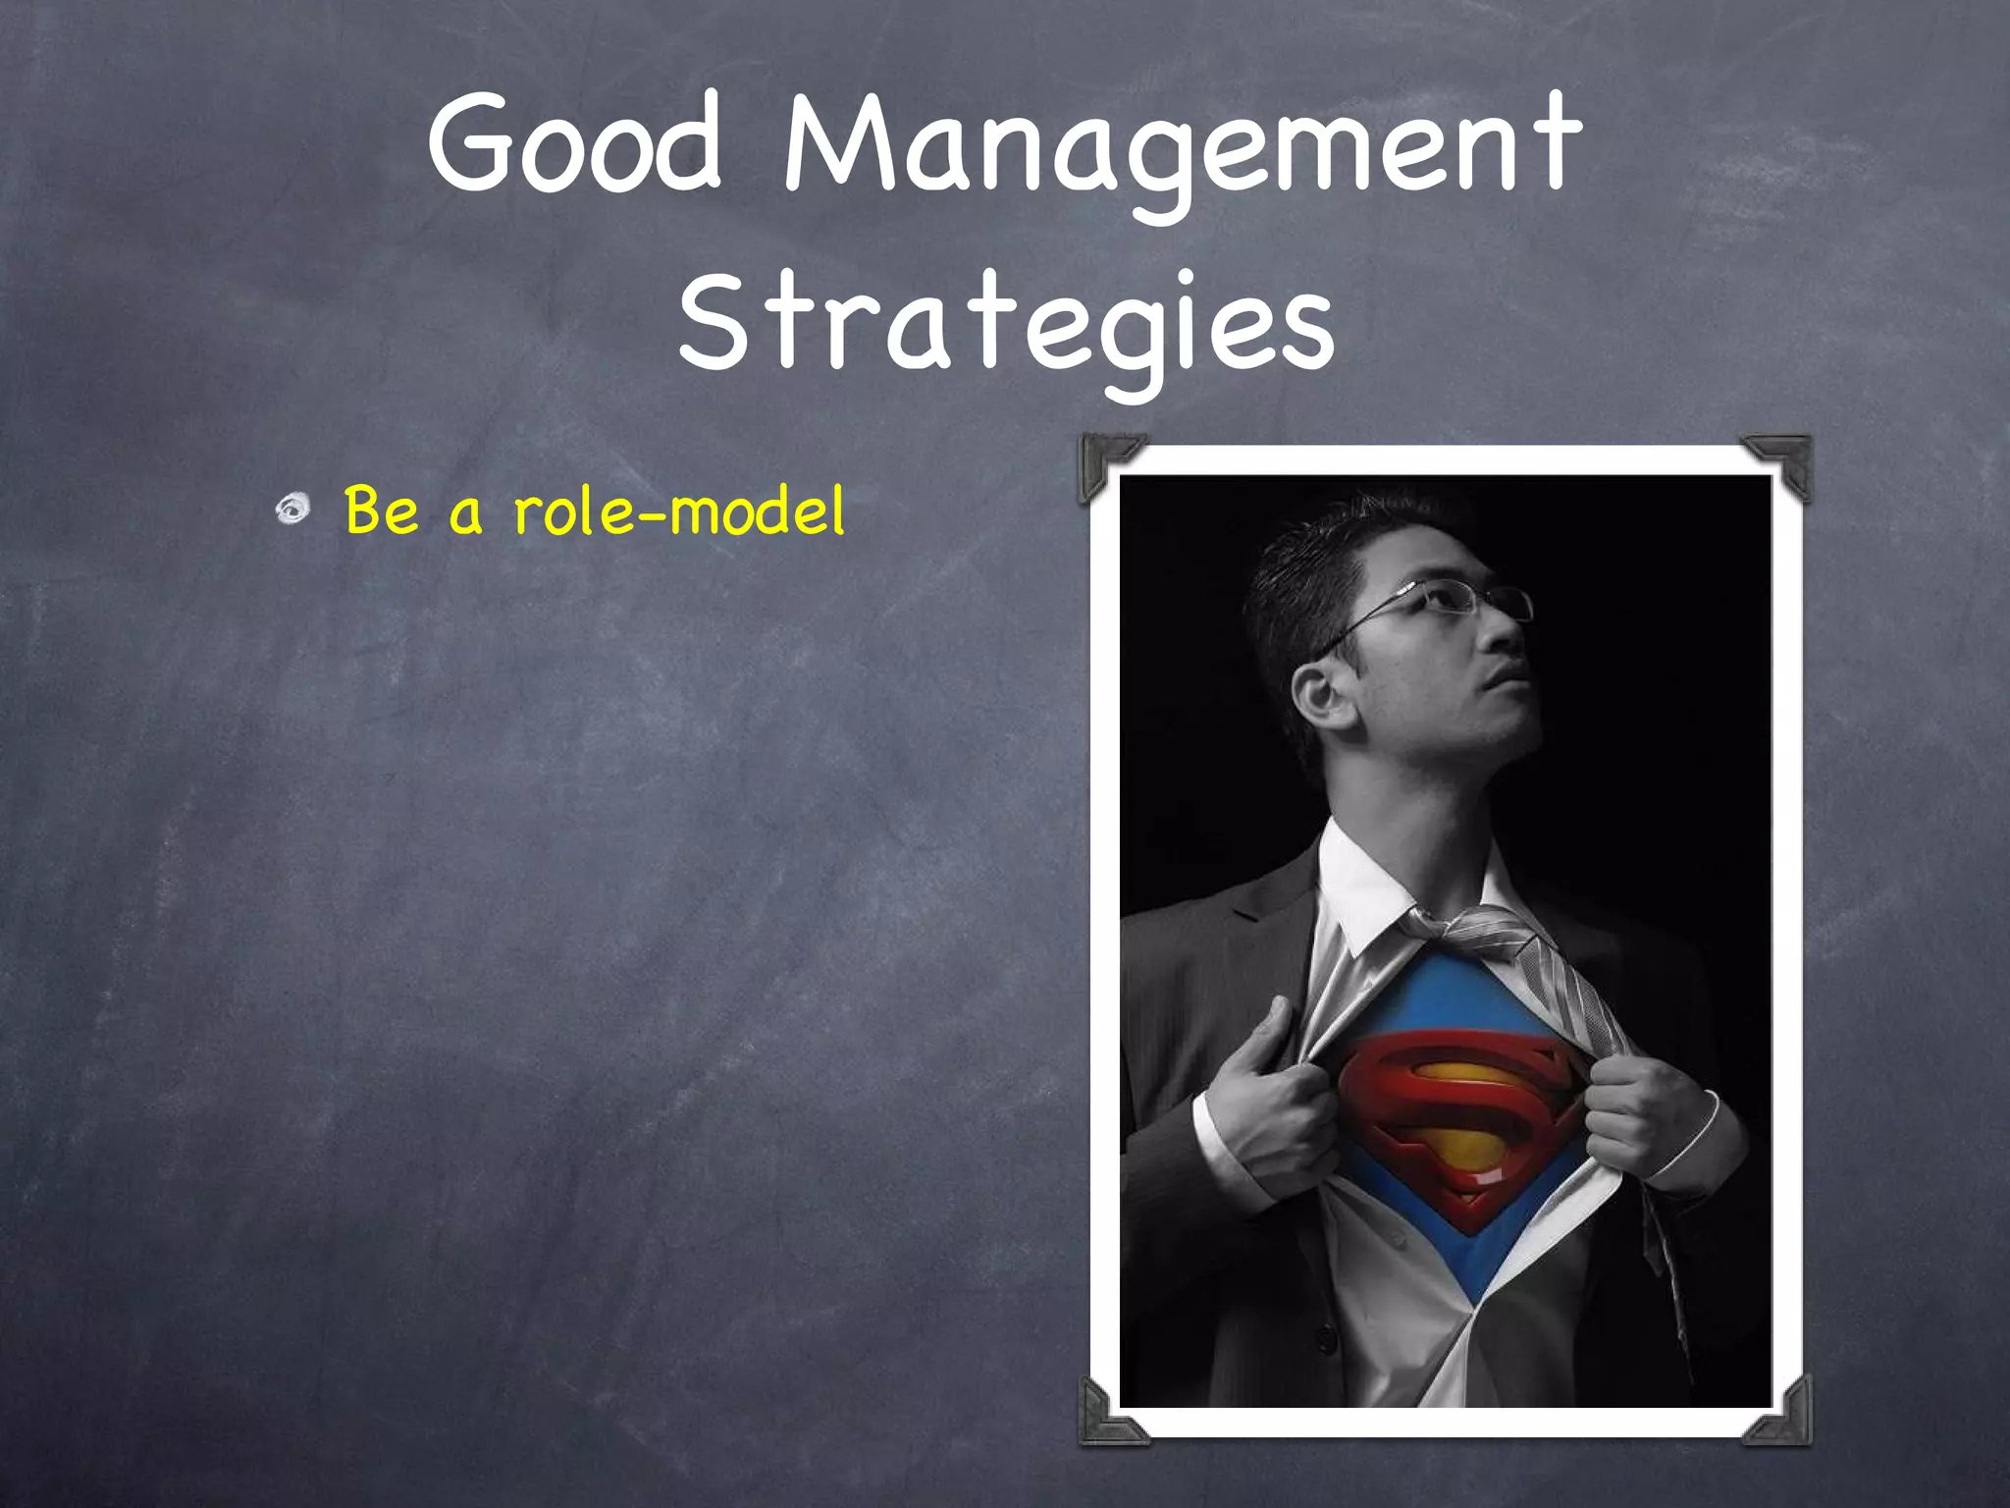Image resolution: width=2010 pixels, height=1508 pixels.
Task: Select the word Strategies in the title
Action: pos(1005,324)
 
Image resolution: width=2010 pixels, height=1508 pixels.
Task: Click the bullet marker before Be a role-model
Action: pos(291,509)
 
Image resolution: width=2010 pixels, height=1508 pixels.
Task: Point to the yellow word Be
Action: pos(381,511)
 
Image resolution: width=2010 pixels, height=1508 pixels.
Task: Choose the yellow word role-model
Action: pos(677,511)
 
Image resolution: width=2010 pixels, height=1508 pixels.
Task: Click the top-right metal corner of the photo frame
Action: pos(1780,463)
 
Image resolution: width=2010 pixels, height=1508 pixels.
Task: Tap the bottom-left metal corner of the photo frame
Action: pos(1109,1414)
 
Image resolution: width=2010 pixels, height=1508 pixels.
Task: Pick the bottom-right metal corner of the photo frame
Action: pos(1780,1414)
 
